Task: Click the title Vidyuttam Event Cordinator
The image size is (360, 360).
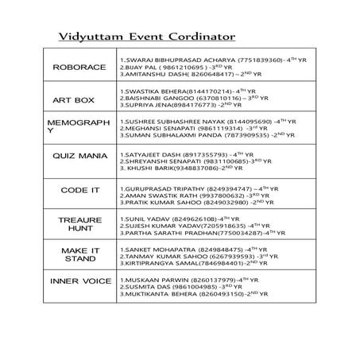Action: [x=147, y=37]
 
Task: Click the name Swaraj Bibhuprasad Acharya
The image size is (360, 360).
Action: [x=167, y=60]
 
